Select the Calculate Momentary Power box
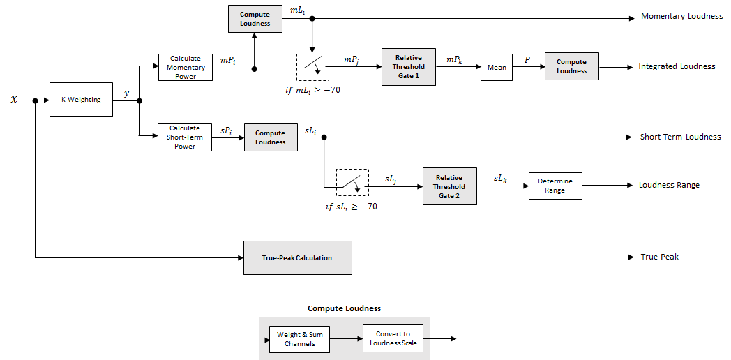click(185, 68)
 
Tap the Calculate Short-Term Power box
click(185, 137)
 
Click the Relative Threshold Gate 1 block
click(408, 67)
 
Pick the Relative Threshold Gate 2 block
click(449, 186)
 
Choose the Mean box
click(497, 68)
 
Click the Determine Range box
click(555, 186)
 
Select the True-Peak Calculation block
click(297, 258)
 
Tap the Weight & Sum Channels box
click(300, 339)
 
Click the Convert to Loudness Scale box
click(393, 339)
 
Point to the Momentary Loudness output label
click(681, 16)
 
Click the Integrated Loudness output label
click(677, 67)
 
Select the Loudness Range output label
click(669, 186)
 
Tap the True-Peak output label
click(659, 257)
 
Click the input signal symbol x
click(14, 100)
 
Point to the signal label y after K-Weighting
click(126, 93)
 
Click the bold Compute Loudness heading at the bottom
click(344, 308)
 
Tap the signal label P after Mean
click(527, 60)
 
